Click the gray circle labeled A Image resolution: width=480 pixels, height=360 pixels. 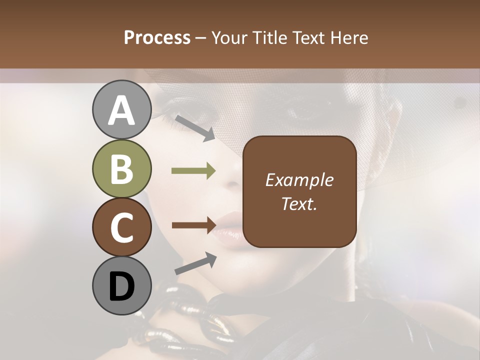(x=121, y=110)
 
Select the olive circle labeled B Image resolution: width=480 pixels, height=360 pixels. (x=121, y=169)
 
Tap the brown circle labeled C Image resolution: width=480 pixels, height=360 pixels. (x=121, y=227)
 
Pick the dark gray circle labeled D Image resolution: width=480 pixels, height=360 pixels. (x=121, y=286)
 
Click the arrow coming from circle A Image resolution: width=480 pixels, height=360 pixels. (x=194, y=128)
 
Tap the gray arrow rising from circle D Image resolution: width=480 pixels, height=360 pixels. (x=195, y=263)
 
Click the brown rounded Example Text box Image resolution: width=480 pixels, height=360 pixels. (x=299, y=191)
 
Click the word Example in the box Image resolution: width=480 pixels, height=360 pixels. (x=299, y=180)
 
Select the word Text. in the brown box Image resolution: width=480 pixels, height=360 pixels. (x=299, y=204)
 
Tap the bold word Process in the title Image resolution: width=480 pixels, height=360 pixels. (x=157, y=37)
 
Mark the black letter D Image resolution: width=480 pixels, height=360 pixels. (x=121, y=287)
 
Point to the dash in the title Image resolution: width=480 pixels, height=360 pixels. (x=201, y=38)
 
